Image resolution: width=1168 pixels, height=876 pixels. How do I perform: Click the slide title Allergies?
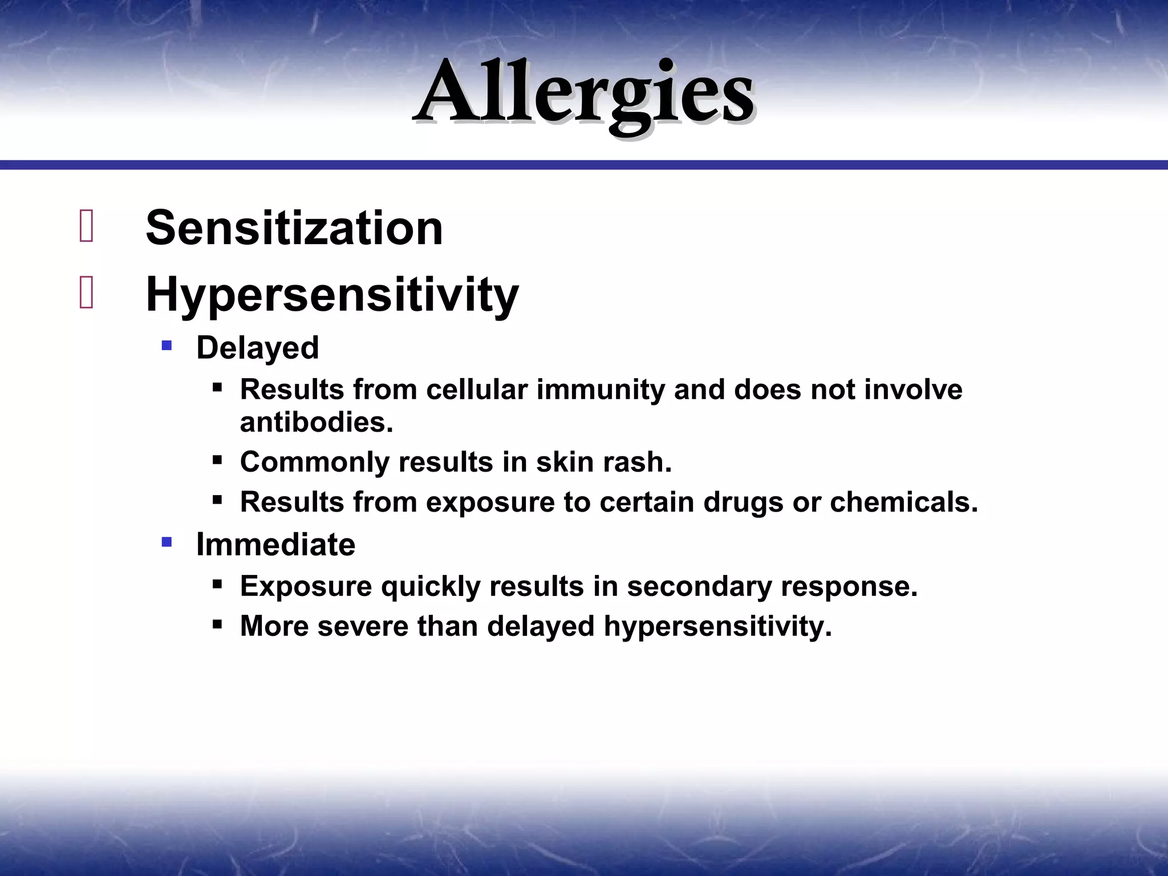point(584,94)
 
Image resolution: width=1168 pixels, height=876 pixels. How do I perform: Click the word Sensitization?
point(294,228)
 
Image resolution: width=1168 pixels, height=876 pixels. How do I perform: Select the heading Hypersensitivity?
point(332,295)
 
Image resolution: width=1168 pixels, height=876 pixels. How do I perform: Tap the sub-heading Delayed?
point(257,348)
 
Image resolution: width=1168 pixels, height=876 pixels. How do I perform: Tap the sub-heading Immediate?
point(275,545)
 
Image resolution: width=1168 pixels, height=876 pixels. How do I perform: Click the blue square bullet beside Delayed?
point(167,345)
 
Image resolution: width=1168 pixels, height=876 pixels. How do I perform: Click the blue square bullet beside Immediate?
point(167,542)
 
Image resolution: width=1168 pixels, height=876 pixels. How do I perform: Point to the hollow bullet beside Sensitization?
point(86,226)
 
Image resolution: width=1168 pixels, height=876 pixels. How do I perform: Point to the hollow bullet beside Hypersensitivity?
point(86,293)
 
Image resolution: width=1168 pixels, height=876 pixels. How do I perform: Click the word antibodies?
point(317,423)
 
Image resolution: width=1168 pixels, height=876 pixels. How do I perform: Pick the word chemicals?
point(903,502)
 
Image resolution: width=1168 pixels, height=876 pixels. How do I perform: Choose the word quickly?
point(431,587)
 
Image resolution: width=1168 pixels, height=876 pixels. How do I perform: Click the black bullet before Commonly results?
point(217,460)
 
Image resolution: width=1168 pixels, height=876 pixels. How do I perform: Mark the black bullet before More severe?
point(217,624)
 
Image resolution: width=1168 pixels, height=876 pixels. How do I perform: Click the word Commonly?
point(314,463)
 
